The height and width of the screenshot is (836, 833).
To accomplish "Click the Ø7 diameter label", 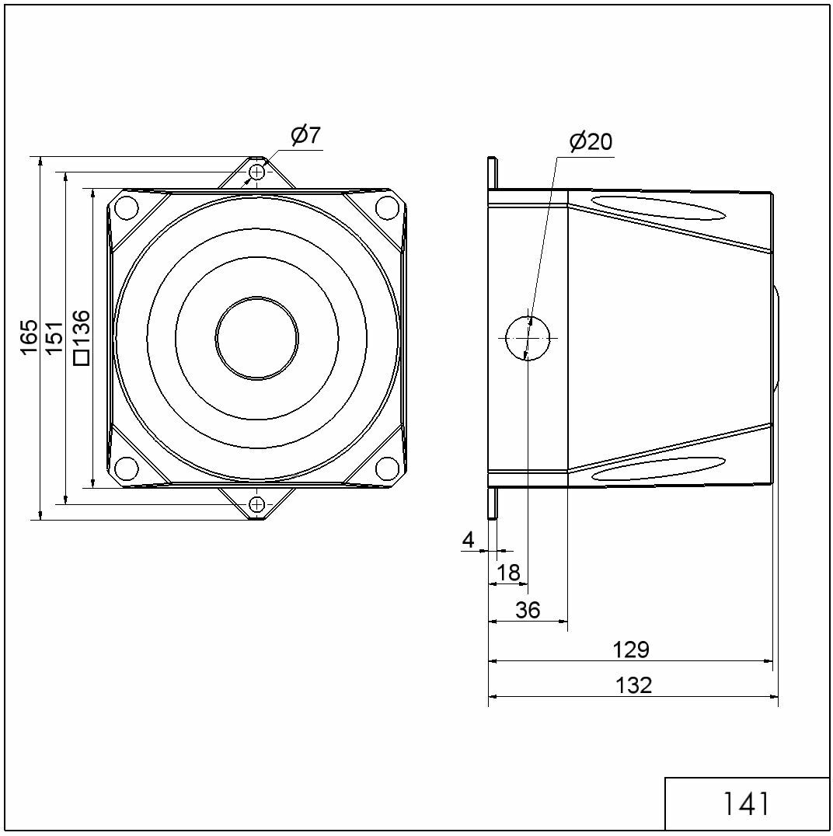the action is pos(305,135).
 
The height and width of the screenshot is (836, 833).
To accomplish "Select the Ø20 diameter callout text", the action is pos(591,142).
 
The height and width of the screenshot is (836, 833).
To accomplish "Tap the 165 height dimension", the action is pos(29,336).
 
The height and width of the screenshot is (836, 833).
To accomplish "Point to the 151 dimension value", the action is pos(54,337).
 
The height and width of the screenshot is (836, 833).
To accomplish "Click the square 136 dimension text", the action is pos(81,337).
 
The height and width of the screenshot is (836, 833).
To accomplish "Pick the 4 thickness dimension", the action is pos(469,541).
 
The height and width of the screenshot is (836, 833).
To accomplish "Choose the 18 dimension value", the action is pos(507,573).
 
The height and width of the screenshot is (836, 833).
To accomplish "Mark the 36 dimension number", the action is pos(528,610).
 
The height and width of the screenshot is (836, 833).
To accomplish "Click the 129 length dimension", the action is pos(631,650).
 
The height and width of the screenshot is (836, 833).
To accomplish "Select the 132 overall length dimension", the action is pos(633,685).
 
